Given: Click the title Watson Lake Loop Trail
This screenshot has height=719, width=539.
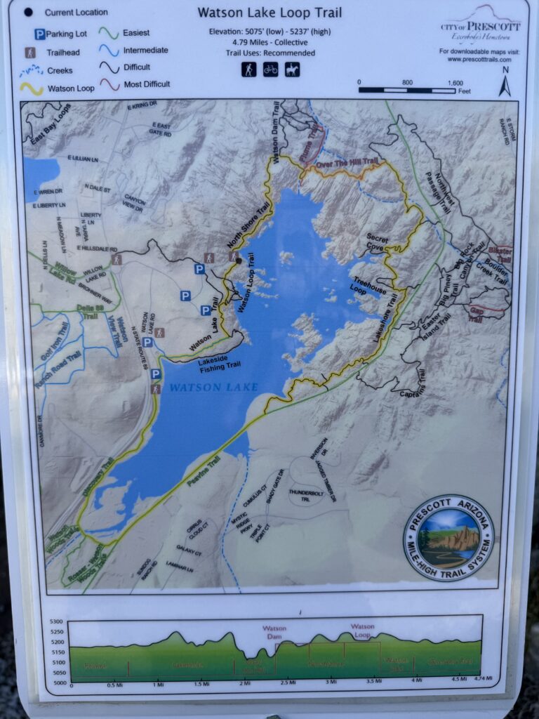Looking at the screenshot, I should tap(269, 13).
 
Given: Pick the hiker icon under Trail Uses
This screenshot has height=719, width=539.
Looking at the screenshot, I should tap(248, 70).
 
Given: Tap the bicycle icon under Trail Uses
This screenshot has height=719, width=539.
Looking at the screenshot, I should tap(270, 70).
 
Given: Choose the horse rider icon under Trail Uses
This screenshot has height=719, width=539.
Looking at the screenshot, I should tap(292, 70).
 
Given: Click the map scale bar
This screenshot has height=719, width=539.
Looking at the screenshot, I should tap(406, 90).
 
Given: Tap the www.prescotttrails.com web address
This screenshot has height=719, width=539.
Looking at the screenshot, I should tap(479, 60).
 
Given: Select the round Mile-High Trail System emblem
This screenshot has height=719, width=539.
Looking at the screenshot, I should tap(448, 537).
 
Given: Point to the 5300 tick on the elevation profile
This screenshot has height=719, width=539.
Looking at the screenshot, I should tap(56, 621).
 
